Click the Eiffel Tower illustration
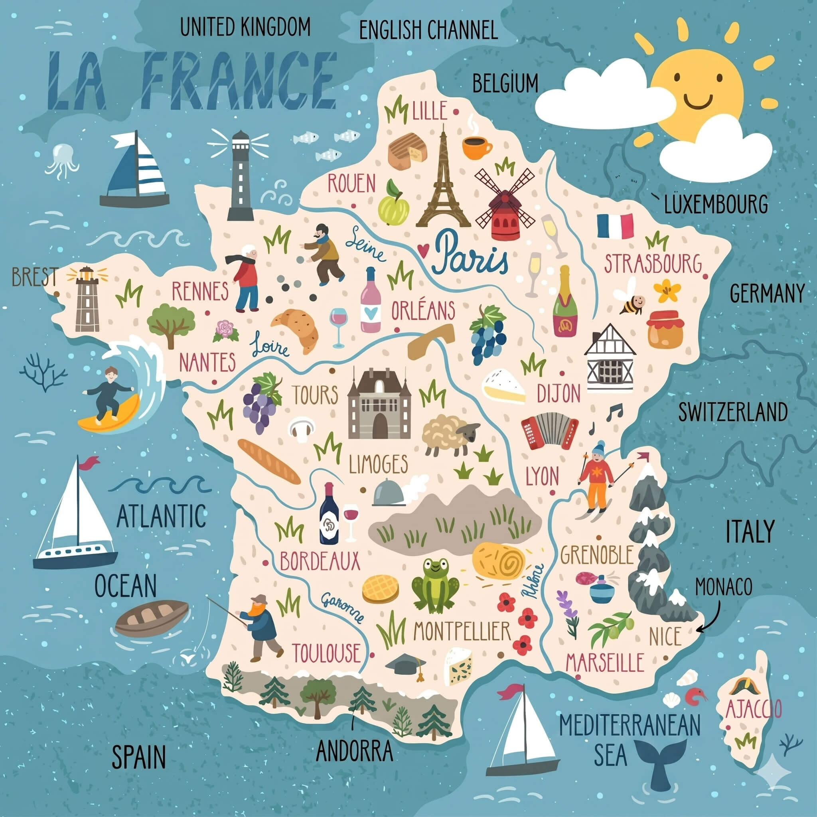443,186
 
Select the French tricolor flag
615,226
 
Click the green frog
436,586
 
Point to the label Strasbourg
653,264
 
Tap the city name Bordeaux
320,562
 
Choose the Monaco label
724,587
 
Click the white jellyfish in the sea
63,160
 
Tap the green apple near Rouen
393,205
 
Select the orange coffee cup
476,146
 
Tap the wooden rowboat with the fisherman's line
151,618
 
